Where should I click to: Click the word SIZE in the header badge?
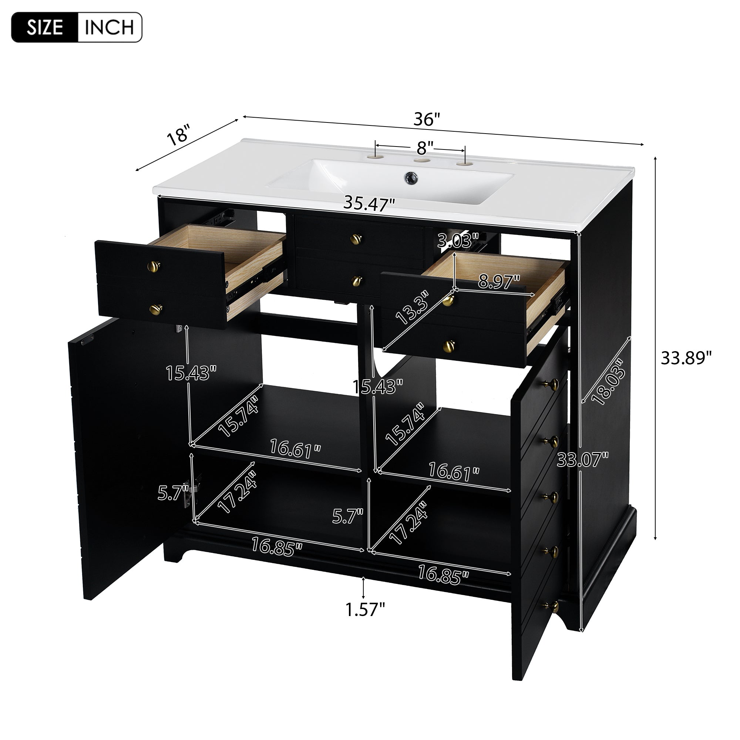[x=44, y=27]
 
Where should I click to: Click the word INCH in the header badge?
[x=109, y=27]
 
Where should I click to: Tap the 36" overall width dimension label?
[x=426, y=120]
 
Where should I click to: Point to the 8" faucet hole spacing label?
[x=425, y=146]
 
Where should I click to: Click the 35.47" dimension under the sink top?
[x=369, y=203]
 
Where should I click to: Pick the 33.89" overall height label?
[x=686, y=358]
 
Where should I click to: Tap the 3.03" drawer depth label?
[x=458, y=242]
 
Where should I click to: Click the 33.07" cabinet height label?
[x=583, y=459]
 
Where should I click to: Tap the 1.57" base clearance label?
[x=365, y=609]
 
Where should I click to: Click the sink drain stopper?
[x=411, y=177]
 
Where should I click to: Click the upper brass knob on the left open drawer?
[x=154, y=265]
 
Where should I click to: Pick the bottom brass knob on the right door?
[x=552, y=606]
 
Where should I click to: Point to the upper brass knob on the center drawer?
[x=356, y=239]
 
